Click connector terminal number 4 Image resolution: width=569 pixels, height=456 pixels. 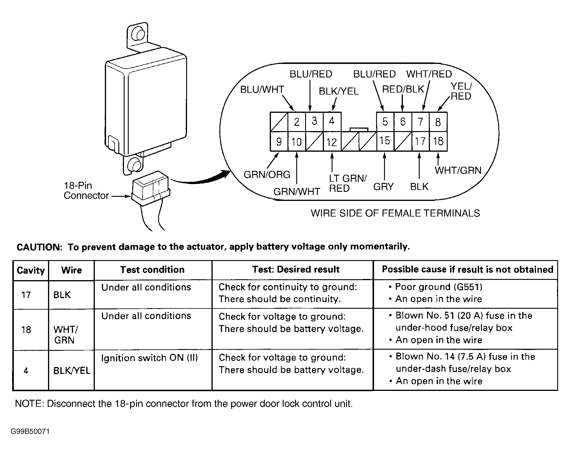332,121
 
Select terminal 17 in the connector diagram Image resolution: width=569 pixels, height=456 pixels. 420,141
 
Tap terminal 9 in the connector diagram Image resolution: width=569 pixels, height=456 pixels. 279,142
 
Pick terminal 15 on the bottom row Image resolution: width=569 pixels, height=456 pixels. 385,141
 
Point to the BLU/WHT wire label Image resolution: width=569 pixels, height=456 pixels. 262,90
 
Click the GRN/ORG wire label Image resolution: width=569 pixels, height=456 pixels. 267,175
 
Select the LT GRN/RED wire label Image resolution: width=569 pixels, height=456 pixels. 348,183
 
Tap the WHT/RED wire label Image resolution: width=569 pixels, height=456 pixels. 429,74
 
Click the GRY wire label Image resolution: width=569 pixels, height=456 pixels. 383,187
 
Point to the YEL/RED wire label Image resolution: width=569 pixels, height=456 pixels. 461,91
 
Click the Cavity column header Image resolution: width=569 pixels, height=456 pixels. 31,270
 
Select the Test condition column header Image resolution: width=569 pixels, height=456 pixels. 153,270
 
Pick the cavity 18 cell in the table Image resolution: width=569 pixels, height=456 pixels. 26,329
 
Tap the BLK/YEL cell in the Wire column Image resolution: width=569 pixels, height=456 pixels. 72,370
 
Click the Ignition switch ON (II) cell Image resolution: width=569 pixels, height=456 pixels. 149,358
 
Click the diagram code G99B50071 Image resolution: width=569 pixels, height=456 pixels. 30,432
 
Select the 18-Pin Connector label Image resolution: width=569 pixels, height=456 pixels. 86,191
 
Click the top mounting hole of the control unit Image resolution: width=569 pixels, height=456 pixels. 138,35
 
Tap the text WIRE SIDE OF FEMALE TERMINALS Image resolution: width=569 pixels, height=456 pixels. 395,213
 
